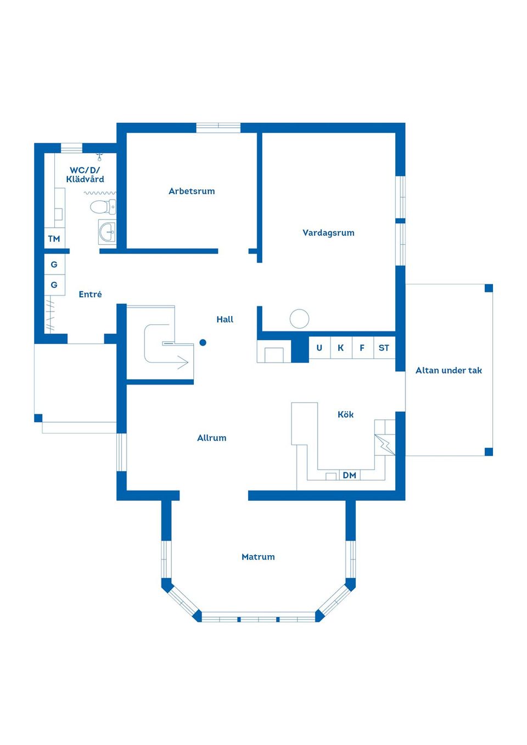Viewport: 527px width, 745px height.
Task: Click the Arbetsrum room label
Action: [192, 191]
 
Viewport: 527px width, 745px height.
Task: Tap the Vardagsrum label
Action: [328, 233]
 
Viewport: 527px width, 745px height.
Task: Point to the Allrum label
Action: [211, 438]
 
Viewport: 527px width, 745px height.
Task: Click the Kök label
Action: [345, 414]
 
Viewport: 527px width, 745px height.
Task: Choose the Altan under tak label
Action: [448, 370]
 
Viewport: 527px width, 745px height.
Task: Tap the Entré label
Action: [90, 294]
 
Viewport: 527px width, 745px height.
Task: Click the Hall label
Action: [225, 320]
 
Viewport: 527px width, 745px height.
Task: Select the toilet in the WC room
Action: [103, 207]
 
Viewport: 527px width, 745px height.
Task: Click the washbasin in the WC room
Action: [107, 232]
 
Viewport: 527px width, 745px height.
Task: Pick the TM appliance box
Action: [54, 238]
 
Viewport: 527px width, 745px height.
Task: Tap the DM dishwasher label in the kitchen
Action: [349, 476]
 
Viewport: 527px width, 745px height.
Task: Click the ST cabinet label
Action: [384, 348]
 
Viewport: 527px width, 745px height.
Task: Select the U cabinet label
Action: [319, 348]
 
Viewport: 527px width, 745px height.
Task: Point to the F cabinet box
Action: [363, 348]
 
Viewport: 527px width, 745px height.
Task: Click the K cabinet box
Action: [341, 348]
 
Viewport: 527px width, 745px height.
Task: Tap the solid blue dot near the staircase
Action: [203, 342]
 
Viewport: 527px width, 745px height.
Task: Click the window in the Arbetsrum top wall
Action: [218, 128]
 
